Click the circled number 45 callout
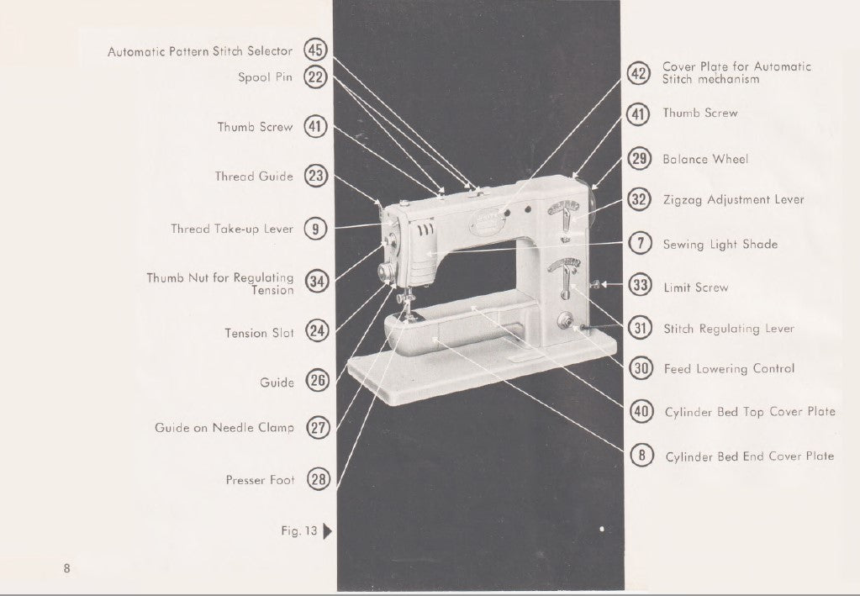click(x=316, y=50)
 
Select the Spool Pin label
click(x=266, y=77)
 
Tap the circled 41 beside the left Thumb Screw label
click(x=316, y=127)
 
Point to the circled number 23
click(x=316, y=177)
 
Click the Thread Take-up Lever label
click(x=232, y=229)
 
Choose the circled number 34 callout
click(x=316, y=282)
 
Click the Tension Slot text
click(x=259, y=333)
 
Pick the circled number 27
click(x=317, y=428)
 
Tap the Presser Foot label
click(x=260, y=480)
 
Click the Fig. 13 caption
click(x=298, y=530)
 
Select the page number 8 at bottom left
click(x=66, y=568)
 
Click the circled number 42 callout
click(x=641, y=73)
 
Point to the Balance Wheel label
click(x=704, y=159)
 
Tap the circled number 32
click(x=641, y=200)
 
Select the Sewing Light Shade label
click(x=720, y=245)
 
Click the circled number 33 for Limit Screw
click(x=641, y=287)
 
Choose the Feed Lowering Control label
click(x=728, y=368)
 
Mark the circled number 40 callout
click(x=641, y=411)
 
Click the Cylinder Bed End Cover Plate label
click(x=749, y=456)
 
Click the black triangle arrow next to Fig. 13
click(x=327, y=530)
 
